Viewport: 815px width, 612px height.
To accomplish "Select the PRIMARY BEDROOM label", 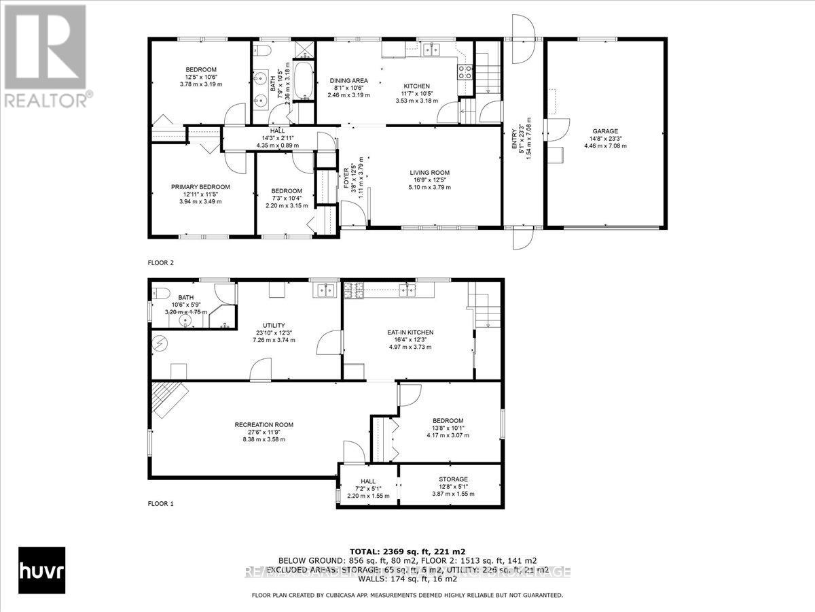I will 200,187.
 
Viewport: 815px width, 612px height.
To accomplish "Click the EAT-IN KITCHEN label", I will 410,333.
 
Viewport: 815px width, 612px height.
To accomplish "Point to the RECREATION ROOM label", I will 264,425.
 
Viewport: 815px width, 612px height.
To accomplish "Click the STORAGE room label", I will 453,479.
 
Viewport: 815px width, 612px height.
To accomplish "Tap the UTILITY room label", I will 274,326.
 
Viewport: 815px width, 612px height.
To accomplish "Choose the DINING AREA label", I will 349,80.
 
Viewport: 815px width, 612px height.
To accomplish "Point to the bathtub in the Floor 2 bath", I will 303,82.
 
